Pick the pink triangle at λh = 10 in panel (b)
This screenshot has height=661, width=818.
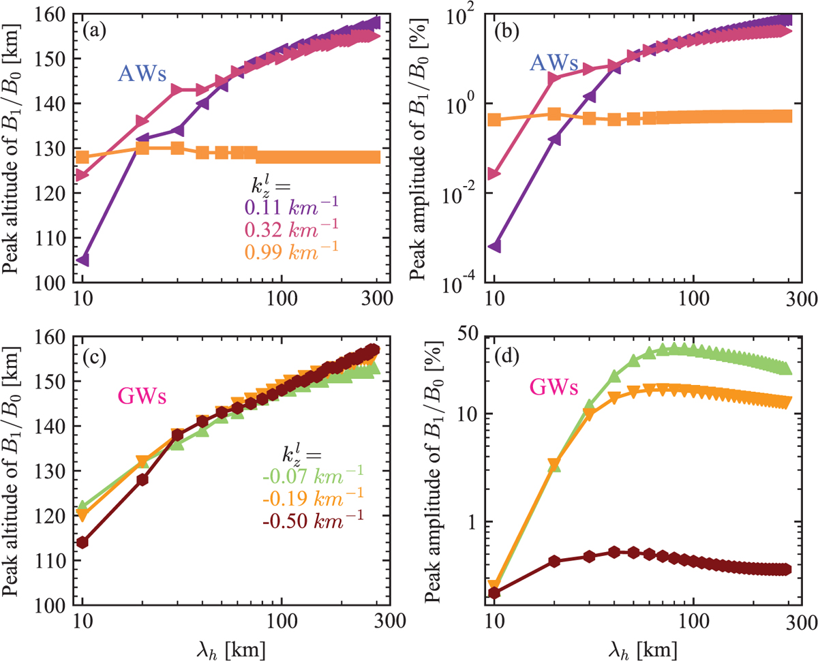[x=495, y=174]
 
